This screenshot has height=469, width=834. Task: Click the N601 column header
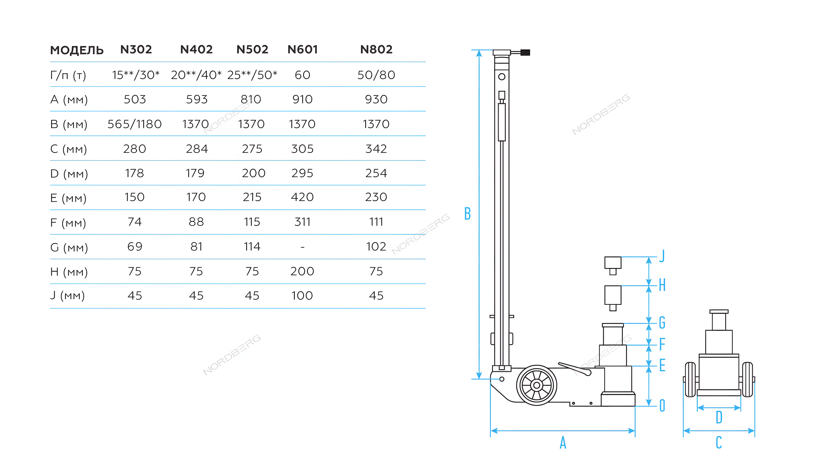tap(302, 50)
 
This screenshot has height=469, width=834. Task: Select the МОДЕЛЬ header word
tap(77, 50)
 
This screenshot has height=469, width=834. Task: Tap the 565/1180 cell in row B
tap(135, 124)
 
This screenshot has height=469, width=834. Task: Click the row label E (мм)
tap(68, 198)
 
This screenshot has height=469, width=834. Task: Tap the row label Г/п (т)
tap(68, 75)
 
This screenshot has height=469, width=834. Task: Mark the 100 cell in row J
tap(302, 296)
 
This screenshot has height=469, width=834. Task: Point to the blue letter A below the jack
tap(563, 443)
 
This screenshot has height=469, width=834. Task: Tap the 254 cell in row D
tap(376, 173)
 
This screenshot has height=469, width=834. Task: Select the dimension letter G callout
tap(662, 323)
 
